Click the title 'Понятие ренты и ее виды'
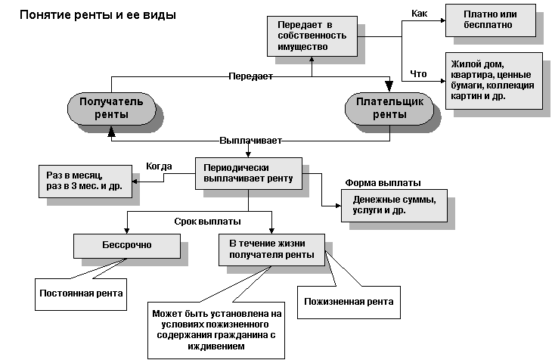[x=93, y=14]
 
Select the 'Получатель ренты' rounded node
[x=111, y=108]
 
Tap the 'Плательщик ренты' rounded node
[x=389, y=108]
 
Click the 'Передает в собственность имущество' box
[x=312, y=36]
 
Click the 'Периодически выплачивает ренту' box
[x=248, y=174]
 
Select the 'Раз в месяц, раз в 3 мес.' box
[x=83, y=181]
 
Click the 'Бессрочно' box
[x=126, y=245]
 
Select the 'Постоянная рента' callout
[x=81, y=293]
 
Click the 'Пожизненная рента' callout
[x=348, y=302]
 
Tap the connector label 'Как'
[x=419, y=14]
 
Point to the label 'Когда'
[x=159, y=166]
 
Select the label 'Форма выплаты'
[x=383, y=183]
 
